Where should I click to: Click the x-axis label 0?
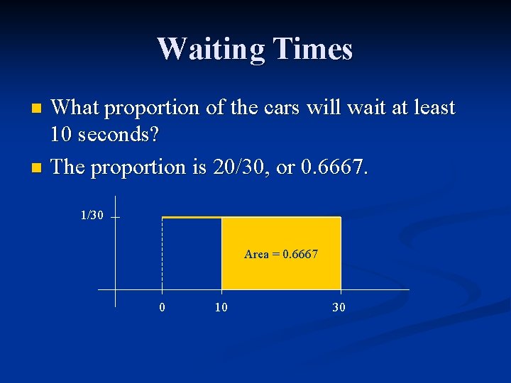point(163,307)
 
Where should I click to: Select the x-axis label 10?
point(222,307)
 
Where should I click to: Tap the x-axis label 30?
point(339,307)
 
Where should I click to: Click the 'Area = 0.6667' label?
point(281,254)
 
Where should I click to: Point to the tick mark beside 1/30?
point(115,218)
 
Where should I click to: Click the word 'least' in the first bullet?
point(429,108)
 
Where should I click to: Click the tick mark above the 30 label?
point(341,292)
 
